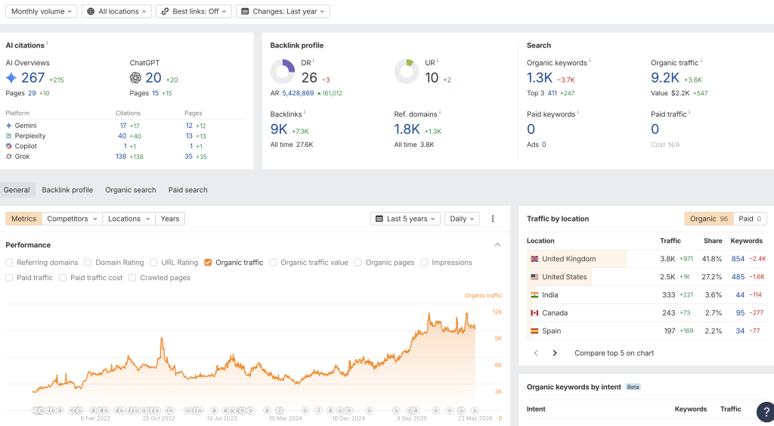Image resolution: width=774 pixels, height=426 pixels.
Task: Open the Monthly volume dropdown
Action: tap(42, 11)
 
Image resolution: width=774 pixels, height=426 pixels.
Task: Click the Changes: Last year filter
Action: tap(283, 11)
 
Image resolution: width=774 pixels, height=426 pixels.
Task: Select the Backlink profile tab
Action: tap(67, 190)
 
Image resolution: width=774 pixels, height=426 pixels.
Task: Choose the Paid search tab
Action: tap(187, 190)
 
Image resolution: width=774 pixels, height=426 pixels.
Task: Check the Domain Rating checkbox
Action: tap(88, 263)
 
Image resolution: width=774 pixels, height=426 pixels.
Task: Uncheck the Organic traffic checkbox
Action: tap(208, 263)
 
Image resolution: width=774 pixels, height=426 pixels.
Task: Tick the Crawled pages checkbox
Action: tap(132, 278)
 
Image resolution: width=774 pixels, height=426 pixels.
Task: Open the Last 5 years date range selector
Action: tap(405, 219)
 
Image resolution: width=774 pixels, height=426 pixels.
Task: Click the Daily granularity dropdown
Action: tap(462, 219)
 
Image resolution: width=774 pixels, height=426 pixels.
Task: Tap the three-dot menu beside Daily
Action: tap(493, 219)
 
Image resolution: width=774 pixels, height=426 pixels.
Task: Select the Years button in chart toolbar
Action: tap(170, 219)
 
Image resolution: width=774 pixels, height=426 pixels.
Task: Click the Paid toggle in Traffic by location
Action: tap(750, 219)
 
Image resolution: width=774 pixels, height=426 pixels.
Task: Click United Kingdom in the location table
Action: tap(568, 259)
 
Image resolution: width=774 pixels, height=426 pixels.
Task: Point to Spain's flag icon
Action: tap(534, 331)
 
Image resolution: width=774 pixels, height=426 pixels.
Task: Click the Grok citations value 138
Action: tap(121, 156)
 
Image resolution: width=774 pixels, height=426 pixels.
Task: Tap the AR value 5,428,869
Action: tap(298, 93)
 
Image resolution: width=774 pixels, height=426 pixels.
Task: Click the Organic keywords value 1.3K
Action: tap(540, 78)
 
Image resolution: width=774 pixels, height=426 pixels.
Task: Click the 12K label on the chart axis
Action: tap(497, 312)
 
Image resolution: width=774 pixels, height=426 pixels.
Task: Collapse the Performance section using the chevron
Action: tap(497, 244)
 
